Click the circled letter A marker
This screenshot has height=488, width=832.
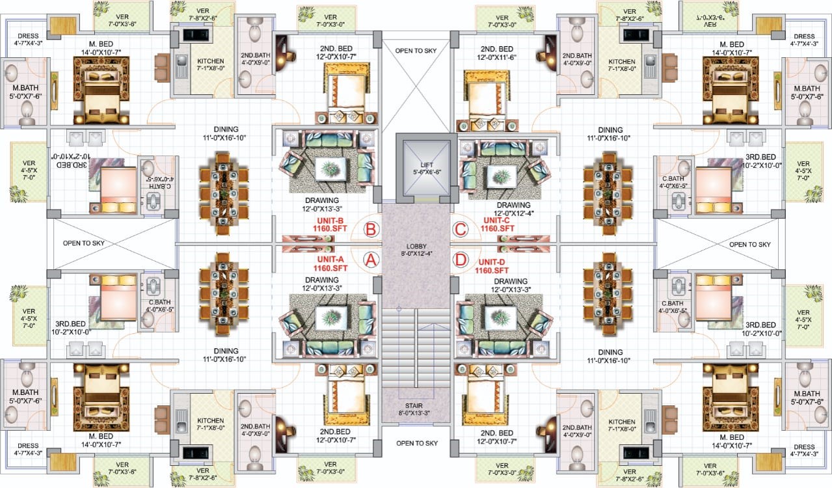click(371, 260)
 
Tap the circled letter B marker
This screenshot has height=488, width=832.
click(371, 229)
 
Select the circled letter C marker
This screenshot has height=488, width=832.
click(460, 229)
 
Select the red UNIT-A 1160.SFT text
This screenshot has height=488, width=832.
click(330, 263)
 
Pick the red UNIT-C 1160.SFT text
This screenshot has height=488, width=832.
click(498, 224)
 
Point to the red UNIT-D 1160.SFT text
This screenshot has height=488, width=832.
click(491, 265)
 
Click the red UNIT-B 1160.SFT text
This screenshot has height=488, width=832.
click(330, 224)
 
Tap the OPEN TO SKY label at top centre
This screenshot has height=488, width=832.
click(416, 50)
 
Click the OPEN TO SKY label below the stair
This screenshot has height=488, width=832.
click(416, 443)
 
